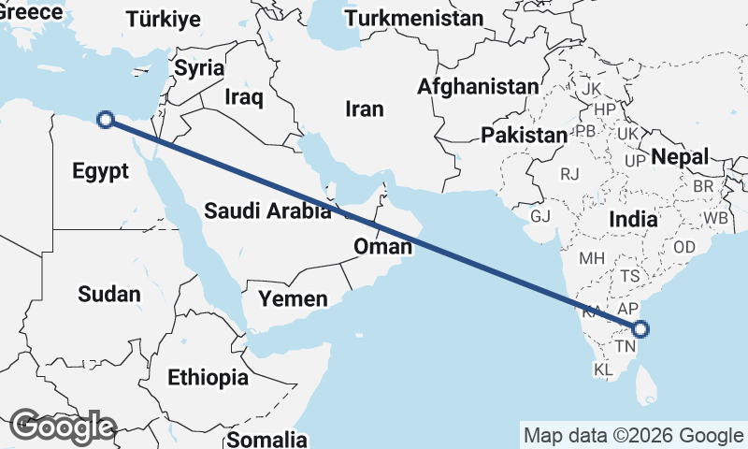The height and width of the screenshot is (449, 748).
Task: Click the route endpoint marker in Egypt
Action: (106, 119)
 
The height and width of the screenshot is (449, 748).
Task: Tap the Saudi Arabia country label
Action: (268, 210)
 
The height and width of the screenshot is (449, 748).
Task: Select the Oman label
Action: (382, 247)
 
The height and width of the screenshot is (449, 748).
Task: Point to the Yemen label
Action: (294, 299)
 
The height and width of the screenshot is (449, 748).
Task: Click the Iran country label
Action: (365, 109)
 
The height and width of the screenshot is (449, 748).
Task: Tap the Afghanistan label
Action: (478, 87)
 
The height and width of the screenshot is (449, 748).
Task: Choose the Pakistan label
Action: (525, 136)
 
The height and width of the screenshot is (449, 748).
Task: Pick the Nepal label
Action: (680, 156)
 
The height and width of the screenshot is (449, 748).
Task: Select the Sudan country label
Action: (109, 295)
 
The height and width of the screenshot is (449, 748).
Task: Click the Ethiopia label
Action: (209, 378)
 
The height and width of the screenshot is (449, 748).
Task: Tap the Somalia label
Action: (267, 439)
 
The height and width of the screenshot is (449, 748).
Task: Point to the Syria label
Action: (200, 67)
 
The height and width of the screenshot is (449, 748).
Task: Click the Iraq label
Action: (244, 96)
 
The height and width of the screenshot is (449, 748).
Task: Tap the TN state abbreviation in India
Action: (624, 347)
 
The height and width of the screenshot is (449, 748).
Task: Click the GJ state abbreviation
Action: (540, 216)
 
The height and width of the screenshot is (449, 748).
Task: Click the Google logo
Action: (62, 427)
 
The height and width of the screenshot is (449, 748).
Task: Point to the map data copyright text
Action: (633, 435)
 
